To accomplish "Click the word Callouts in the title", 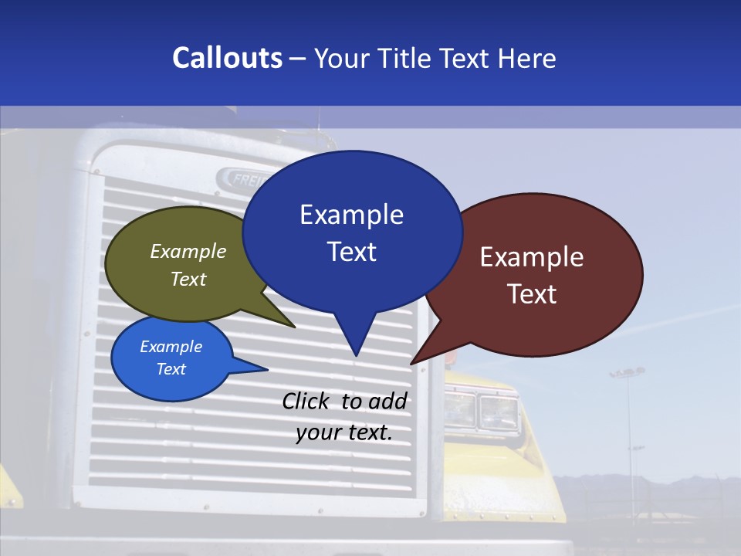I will click(x=227, y=59).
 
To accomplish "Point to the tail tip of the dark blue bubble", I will click(x=356, y=355).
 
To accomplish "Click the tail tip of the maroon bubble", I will click(x=411, y=363).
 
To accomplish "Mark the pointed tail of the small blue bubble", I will click(x=266, y=369).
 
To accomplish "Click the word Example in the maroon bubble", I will click(x=532, y=257).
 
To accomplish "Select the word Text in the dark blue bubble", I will click(x=352, y=252).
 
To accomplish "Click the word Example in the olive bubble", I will click(x=188, y=251).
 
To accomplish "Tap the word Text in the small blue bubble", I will click(x=171, y=369).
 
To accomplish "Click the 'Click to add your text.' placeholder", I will click(x=344, y=417).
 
